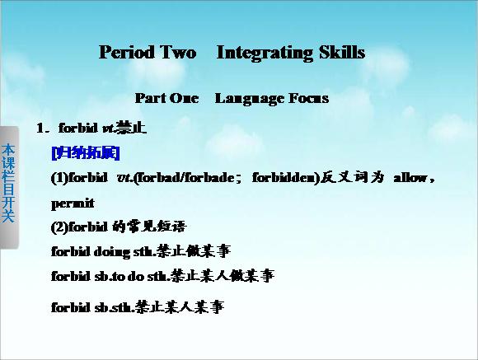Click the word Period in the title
point(127,52)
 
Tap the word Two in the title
point(178,52)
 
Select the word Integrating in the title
point(265,53)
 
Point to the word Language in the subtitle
point(249,99)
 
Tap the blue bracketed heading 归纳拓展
point(86,152)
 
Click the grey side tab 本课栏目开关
point(8,184)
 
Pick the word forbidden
point(284,177)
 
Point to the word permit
point(73,203)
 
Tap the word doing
point(111,252)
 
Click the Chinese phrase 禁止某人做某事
point(223,276)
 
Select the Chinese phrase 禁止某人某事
point(180,306)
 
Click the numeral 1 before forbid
point(40,128)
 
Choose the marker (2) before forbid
point(59,227)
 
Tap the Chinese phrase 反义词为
point(352,177)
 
